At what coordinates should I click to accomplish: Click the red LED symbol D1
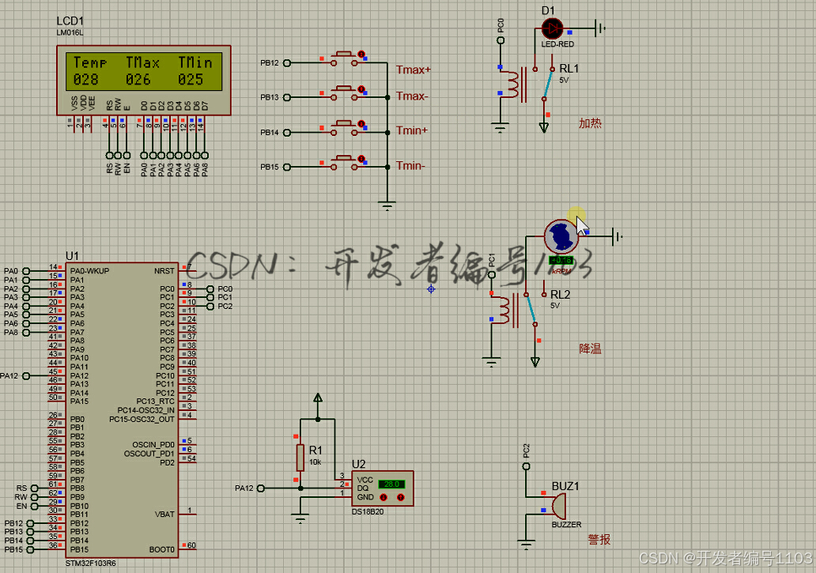552,28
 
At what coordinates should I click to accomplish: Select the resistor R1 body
300,457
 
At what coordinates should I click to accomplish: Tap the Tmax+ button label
414,70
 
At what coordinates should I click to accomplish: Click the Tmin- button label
410,165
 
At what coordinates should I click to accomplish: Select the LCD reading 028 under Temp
86,79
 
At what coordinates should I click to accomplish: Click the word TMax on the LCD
142,62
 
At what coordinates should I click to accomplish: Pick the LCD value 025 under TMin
191,79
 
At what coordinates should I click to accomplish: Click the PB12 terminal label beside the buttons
270,63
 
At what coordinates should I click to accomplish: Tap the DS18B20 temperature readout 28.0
391,484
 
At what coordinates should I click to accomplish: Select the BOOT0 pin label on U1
161,549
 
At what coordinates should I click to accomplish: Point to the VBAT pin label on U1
164,515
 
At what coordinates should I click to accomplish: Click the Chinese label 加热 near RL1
590,123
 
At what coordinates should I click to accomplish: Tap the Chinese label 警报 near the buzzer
599,540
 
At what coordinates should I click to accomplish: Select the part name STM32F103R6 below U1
90,564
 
